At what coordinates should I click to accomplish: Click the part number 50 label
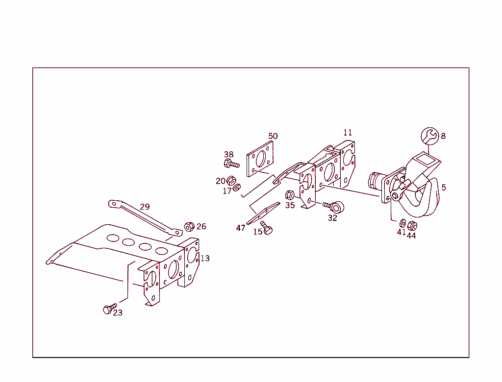tap(273, 136)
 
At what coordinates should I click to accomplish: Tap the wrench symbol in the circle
tap(430, 136)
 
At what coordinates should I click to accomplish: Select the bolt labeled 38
tap(230, 164)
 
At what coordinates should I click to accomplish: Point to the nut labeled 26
tap(189, 227)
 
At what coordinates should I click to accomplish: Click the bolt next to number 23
tap(109, 309)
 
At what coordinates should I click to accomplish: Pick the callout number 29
tap(145, 207)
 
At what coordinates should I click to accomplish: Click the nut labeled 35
tap(289, 195)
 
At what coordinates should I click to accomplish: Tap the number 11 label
tap(348, 133)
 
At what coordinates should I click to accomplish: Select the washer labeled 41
tap(402, 223)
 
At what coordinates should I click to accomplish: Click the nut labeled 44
tap(412, 226)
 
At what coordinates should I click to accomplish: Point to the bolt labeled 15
tap(266, 228)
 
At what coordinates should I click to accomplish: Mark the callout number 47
tap(241, 228)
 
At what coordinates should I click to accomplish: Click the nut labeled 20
tap(231, 180)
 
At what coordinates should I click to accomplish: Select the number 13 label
tap(205, 258)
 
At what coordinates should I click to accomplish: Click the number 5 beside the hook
tap(444, 188)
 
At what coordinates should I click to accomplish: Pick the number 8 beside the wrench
tap(443, 136)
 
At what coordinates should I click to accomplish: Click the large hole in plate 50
tap(260, 159)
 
